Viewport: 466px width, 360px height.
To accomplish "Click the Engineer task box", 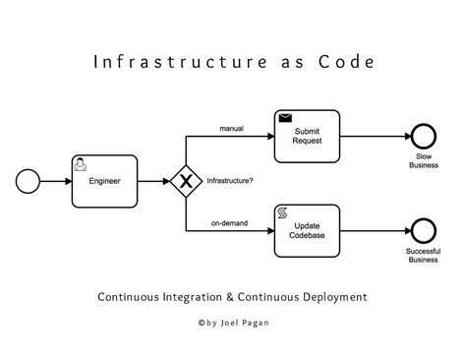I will pos(104,181).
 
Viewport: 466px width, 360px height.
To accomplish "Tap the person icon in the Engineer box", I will pos(82,162).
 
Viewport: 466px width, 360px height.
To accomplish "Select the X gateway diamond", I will pos(186,181).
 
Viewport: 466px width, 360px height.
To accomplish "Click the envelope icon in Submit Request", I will pos(285,119).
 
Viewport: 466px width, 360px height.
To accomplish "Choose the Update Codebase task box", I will pos(307,229).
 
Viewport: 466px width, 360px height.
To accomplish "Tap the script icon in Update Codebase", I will pos(283,212).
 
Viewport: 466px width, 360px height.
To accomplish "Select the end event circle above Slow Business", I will pos(423,136).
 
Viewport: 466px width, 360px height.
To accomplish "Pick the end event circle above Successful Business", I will pos(423,229).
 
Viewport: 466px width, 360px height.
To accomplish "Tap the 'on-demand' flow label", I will pos(228,222).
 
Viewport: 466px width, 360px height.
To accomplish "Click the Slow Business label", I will pos(423,161).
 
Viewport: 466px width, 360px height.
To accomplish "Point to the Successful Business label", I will pos(423,257).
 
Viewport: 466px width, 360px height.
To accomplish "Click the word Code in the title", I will pos(343,62).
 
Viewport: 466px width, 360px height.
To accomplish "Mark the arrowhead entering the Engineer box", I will pos(67,181).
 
